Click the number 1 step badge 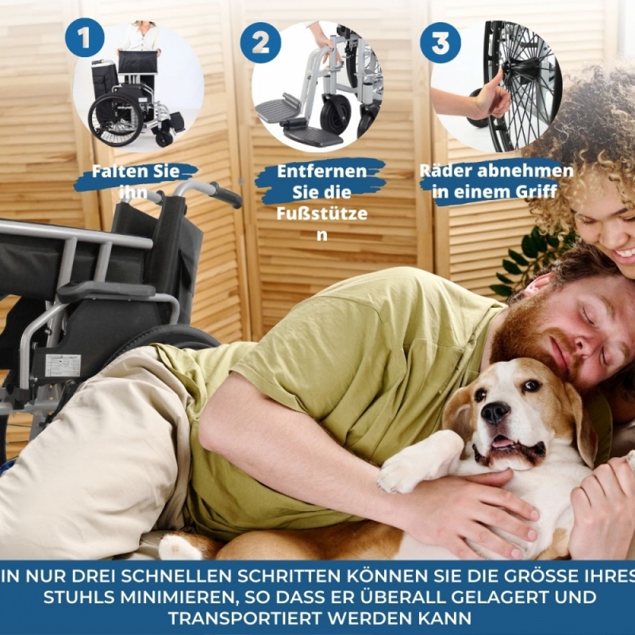click(x=85, y=37)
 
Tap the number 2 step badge click(x=260, y=43)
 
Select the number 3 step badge click(x=441, y=43)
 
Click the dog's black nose click(x=495, y=413)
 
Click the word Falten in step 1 click(x=117, y=171)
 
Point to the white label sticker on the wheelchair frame click(x=63, y=365)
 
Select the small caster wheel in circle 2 click(x=336, y=114)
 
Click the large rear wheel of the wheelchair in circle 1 click(x=116, y=120)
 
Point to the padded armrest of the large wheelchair click(x=106, y=290)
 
